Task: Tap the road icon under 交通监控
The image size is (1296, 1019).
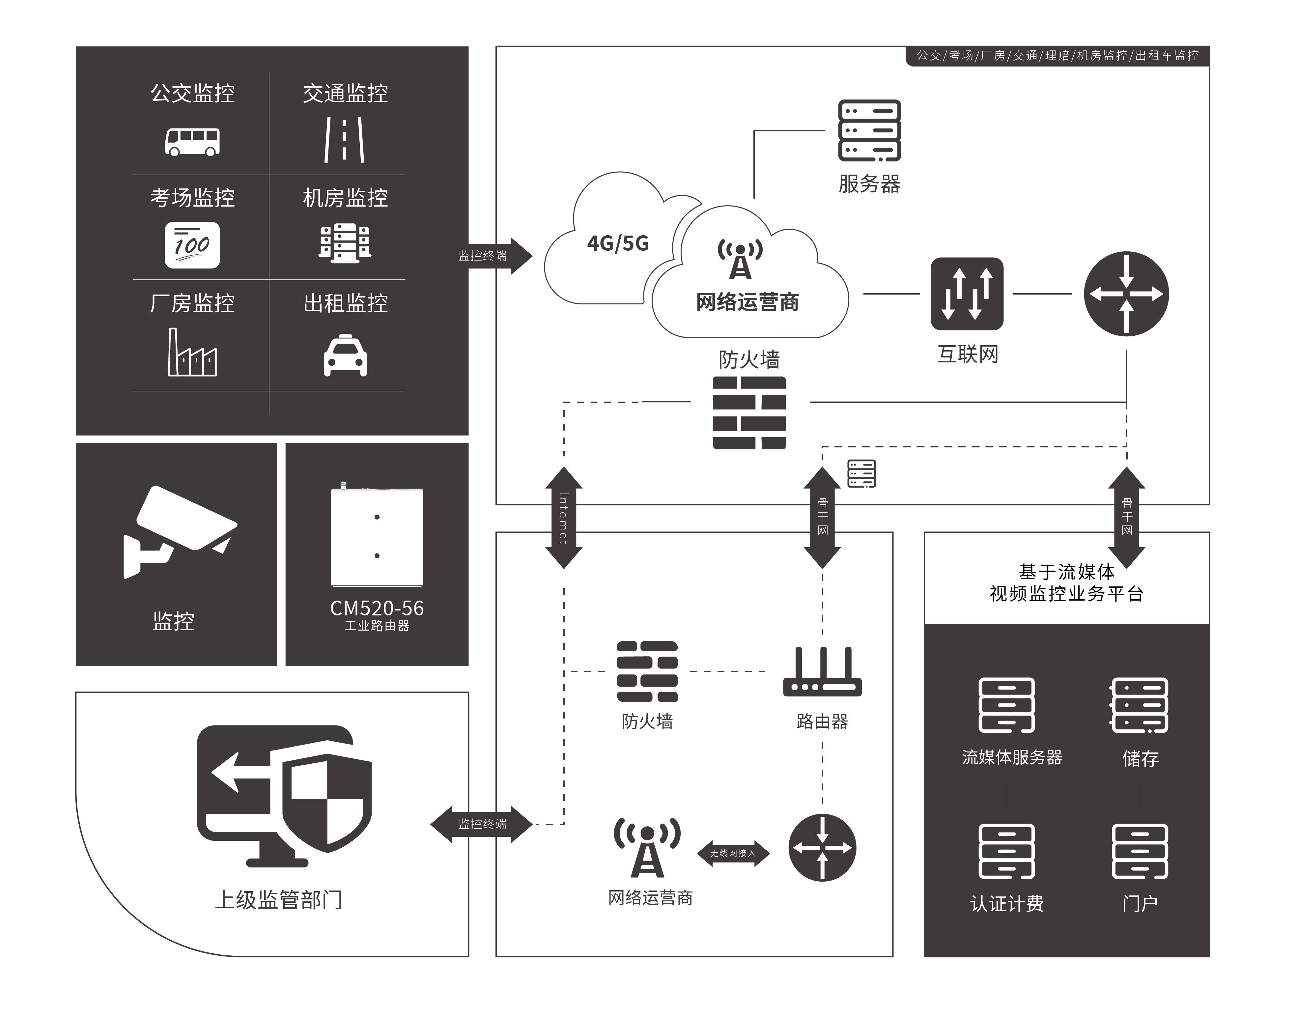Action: (344, 140)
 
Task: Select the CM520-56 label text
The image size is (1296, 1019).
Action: (377, 608)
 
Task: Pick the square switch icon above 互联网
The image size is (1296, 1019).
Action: (967, 294)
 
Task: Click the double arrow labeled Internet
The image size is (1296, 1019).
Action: (564, 518)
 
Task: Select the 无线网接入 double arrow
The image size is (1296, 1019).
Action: (733, 853)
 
